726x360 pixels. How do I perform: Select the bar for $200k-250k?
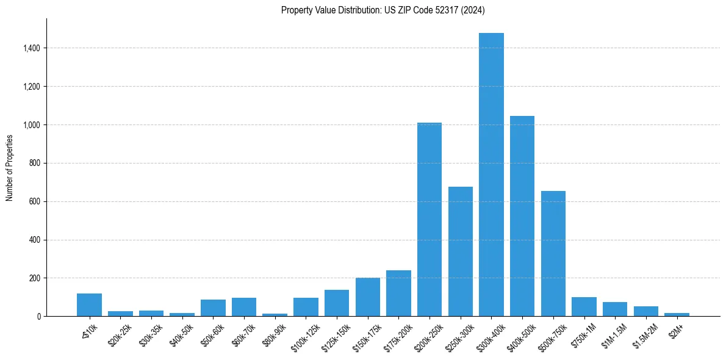tap(429, 220)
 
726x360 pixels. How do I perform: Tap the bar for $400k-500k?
tap(522, 216)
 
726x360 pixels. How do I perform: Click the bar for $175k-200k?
tap(398, 293)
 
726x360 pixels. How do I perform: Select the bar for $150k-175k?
tap(368, 297)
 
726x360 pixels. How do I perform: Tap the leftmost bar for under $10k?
tap(89, 305)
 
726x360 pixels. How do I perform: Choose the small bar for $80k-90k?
tap(275, 315)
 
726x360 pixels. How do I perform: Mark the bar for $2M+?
tap(677, 314)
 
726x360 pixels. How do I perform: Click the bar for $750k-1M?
tap(584, 307)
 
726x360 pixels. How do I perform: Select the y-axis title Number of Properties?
tap(10, 168)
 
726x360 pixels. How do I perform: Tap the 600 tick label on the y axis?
tap(34, 201)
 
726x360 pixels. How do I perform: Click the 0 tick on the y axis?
tap(38, 317)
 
